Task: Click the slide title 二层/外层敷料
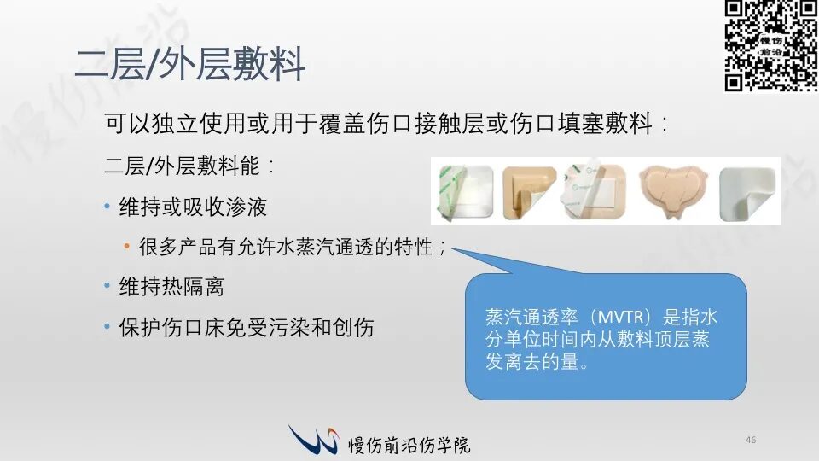190,64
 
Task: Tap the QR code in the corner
771,46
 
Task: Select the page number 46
751,441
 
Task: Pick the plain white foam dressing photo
747,194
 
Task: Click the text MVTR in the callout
620,318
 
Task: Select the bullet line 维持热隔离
171,287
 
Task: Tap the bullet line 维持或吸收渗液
193,207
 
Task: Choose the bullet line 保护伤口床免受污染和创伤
247,328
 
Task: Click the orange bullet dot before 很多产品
126,246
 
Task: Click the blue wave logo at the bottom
313,439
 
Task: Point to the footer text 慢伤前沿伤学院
409,445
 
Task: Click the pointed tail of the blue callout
451,248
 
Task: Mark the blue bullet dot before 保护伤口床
107,327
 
